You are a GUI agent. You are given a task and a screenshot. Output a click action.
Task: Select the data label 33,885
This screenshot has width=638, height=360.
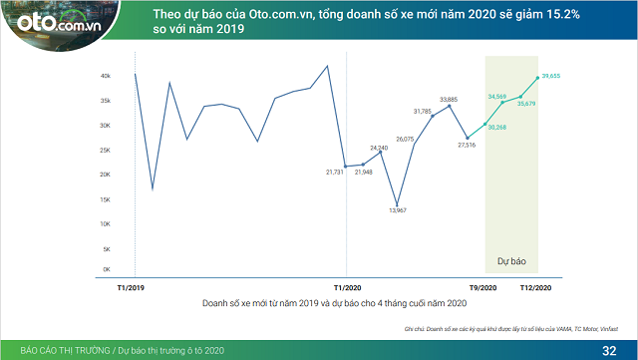click(449, 100)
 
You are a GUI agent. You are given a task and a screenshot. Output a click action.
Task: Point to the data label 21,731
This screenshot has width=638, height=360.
click(334, 173)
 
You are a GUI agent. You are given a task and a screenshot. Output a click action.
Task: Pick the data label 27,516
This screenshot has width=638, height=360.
click(467, 146)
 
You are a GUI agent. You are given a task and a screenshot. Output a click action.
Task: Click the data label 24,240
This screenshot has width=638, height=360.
click(379, 148)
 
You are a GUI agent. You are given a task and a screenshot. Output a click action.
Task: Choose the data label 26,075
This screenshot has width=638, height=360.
click(404, 140)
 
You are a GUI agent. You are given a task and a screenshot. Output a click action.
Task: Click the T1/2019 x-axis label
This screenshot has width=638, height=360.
click(133, 286)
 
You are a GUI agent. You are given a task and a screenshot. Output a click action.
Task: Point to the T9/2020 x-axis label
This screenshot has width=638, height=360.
click(485, 286)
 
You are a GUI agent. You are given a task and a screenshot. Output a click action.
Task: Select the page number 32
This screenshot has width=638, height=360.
click(609, 350)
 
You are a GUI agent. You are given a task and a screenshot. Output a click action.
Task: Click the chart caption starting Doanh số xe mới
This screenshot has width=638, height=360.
click(334, 302)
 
